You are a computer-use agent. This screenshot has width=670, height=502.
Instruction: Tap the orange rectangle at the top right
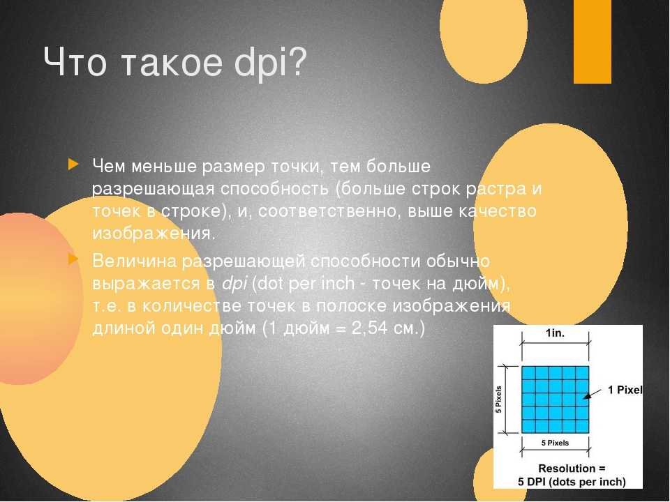(x=593, y=41)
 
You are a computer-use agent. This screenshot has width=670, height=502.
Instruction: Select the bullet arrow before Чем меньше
(x=73, y=165)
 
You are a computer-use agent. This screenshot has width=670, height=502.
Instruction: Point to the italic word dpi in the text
(x=234, y=284)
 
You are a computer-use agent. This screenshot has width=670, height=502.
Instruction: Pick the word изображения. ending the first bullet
(x=154, y=234)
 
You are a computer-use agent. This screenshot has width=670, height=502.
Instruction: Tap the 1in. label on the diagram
(x=555, y=333)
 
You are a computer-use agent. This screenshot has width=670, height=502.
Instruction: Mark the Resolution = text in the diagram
(x=572, y=469)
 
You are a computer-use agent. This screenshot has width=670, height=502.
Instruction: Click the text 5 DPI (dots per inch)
(x=572, y=482)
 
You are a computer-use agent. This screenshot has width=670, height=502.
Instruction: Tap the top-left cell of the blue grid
(x=528, y=372)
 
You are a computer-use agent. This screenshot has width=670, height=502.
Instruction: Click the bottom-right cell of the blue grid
(x=582, y=426)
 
